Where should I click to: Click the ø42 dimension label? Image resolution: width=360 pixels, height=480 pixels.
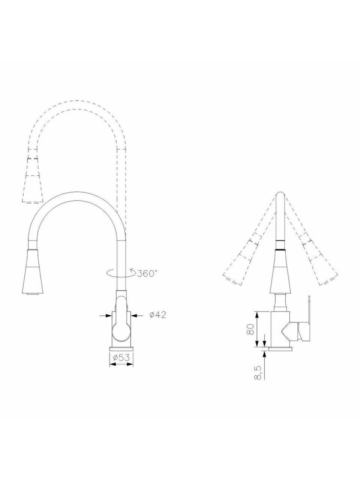coord(158,315)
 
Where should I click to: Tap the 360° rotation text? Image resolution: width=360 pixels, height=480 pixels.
coord(147,273)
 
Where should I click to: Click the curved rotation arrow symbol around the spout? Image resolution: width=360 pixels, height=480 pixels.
coord(121,273)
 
